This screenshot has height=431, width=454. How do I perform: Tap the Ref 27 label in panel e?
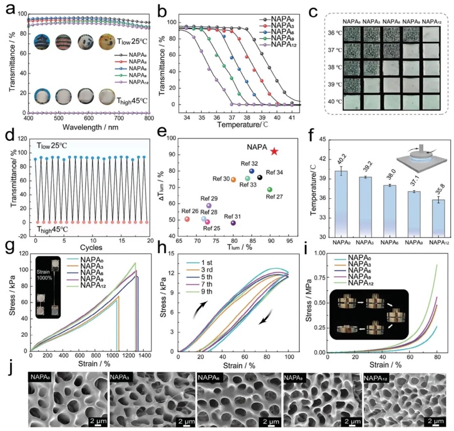[275, 197]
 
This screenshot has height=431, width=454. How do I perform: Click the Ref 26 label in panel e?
[191, 212]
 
